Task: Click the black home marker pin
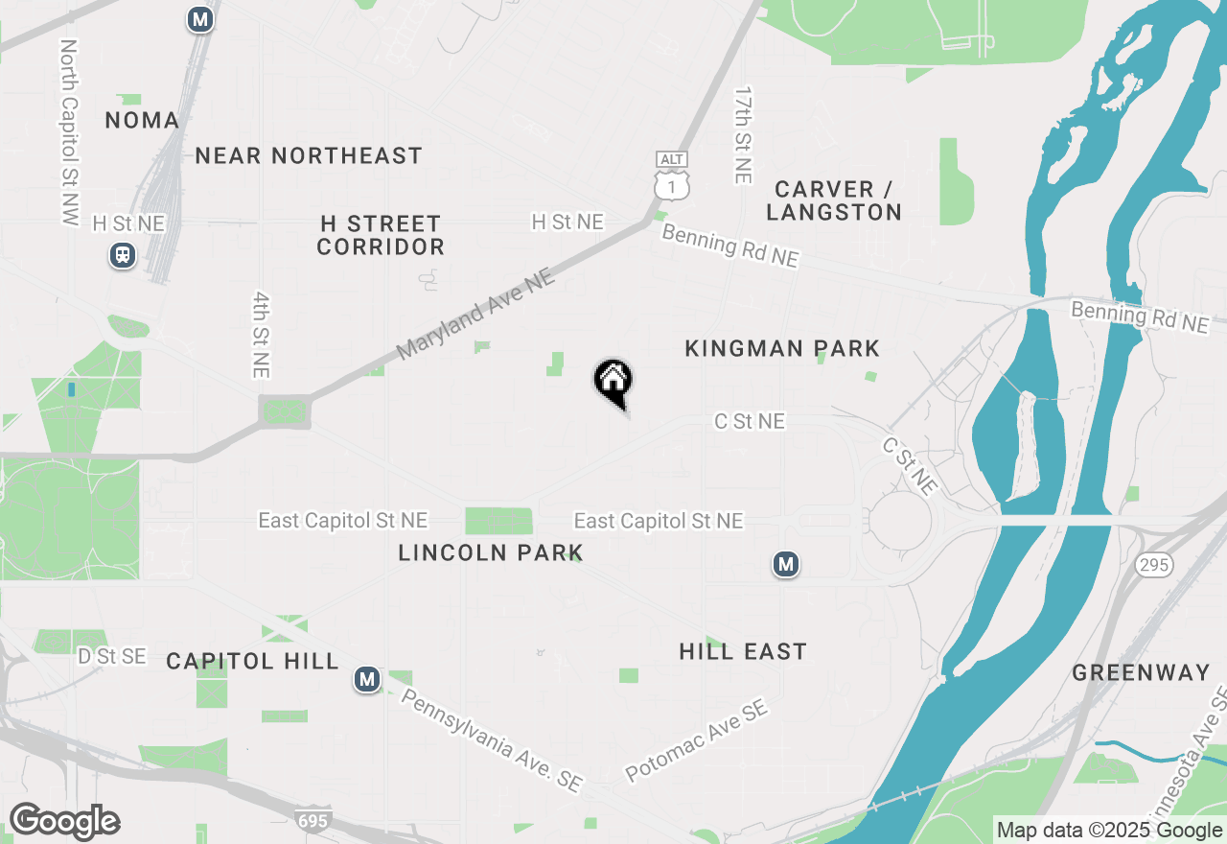tap(613, 382)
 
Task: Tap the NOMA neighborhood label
tap(142, 120)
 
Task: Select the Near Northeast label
tap(309, 155)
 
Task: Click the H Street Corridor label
tap(381, 235)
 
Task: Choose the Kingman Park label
tap(782, 348)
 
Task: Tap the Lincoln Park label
tap(490, 552)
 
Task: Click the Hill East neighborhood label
tap(743, 652)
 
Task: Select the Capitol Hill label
tap(252, 661)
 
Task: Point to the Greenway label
tap(1141, 672)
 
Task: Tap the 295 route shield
tap(1154, 565)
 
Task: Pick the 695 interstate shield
tap(313, 821)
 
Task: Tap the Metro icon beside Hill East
tap(786, 565)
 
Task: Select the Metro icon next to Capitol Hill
tap(366, 680)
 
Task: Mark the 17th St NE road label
tap(743, 135)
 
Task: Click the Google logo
tap(64, 822)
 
